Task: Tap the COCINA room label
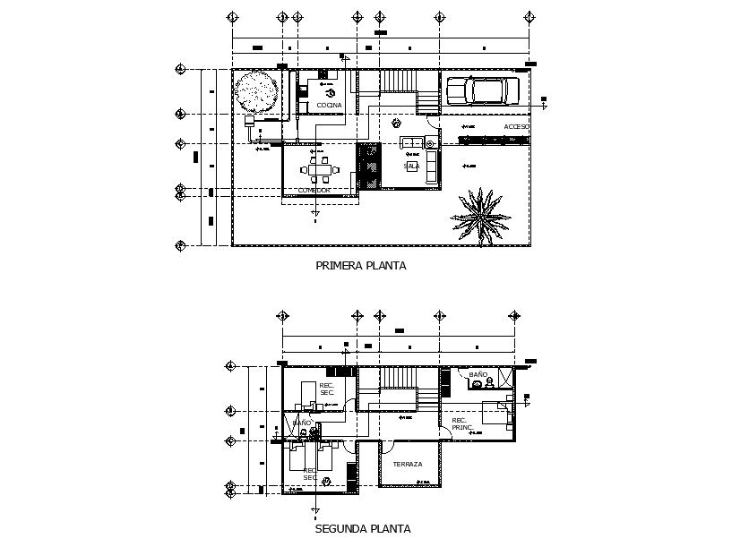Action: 329,106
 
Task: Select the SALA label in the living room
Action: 411,166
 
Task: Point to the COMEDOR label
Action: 314,190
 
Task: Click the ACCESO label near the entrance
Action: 516,127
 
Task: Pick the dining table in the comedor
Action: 319,168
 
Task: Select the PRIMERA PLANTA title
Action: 361,265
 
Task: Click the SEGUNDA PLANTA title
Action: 363,528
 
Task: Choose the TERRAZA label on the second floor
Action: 407,464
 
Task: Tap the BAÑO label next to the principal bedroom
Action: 478,373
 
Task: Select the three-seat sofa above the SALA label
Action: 413,142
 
